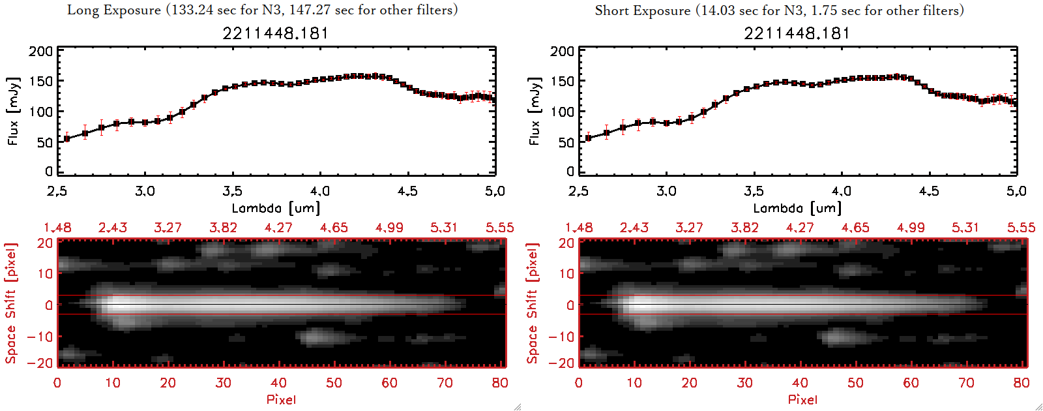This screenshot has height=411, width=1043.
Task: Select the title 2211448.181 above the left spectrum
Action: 276,33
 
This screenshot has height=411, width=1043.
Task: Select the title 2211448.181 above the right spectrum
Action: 797,33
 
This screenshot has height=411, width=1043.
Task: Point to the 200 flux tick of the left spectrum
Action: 40,52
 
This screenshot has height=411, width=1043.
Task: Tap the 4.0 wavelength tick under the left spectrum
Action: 320,191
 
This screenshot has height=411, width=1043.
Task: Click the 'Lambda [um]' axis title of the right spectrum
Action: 797,208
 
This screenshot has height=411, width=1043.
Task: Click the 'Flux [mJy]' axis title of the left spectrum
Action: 14,111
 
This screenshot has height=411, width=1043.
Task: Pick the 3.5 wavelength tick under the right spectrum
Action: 754,191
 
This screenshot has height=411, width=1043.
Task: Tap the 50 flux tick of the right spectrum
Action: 566,142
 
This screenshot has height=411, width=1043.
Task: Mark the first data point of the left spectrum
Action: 66,138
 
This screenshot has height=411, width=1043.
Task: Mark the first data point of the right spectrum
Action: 588,138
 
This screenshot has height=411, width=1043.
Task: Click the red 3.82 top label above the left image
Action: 223,228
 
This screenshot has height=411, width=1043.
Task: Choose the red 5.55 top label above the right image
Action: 1021,228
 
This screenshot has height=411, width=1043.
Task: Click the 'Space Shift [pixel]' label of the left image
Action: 11,303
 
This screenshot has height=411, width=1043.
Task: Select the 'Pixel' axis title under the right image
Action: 802,399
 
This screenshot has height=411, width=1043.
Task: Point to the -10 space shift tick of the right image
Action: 561,337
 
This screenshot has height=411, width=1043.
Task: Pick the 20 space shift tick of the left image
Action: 45,243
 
